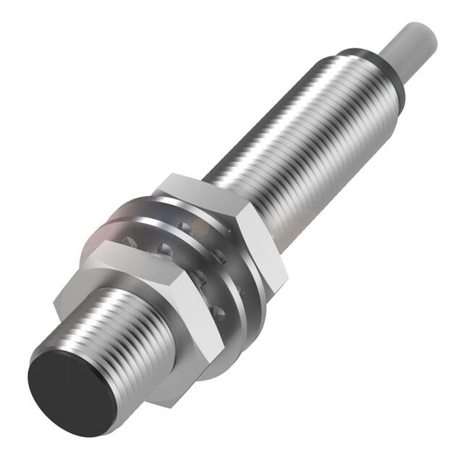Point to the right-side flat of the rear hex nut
pyautogui.click(x=264, y=246)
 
